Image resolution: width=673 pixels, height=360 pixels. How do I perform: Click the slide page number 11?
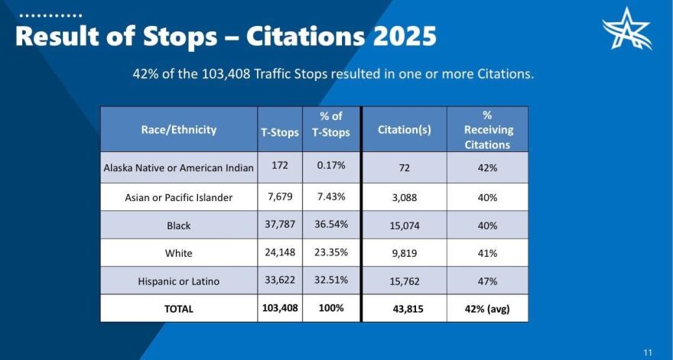[648, 352]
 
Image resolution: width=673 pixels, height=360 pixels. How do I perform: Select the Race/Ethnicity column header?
[179, 129]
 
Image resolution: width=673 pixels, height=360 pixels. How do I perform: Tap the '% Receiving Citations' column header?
[487, 129]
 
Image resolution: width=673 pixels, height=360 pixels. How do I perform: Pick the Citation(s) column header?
[404, 129]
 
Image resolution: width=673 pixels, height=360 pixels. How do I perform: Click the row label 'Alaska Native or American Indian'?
[179, 168]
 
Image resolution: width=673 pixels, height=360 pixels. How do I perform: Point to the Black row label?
[179, 225]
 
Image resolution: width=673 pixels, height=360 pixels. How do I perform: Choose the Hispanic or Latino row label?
[179, 281]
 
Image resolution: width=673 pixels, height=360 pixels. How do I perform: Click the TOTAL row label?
[179, 309]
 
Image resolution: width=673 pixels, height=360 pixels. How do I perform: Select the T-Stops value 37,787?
[280, 225]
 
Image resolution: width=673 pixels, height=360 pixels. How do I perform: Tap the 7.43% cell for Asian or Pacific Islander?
[331, 196]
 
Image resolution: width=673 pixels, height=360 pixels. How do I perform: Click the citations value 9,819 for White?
[404, 253]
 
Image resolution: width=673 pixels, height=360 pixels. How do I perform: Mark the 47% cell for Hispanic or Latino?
[487, 281]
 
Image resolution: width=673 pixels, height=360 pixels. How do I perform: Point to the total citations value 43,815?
[404, 309]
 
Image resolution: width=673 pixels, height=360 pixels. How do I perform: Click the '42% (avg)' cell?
[487, 309]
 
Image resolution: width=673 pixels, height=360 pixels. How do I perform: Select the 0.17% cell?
[331, 165]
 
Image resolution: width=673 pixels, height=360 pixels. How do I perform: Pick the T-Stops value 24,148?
[280, 253]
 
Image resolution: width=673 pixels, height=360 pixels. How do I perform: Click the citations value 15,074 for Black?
[404, 225]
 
